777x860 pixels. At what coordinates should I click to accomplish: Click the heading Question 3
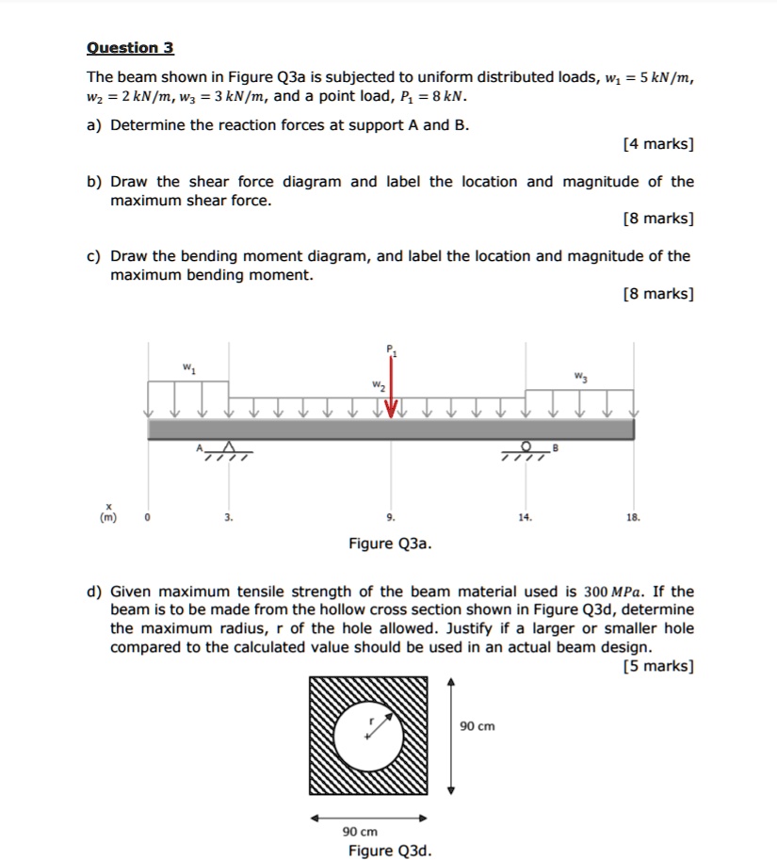(x=130, y=48)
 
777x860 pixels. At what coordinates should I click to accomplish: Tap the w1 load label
(x=186, y=368)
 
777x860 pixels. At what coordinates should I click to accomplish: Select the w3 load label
(x=579, y=379)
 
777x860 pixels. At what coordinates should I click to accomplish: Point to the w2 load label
(x=377, y=385)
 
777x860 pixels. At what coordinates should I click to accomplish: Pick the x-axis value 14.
(x=525, y=517)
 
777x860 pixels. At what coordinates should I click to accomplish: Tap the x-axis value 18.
(x=634, y=517)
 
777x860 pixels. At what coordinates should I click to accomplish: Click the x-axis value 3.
(x=227, y=517)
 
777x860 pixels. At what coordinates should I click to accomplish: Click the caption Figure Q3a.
(x=391, y=544)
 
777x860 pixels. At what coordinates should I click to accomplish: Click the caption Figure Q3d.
(x=390, y=851)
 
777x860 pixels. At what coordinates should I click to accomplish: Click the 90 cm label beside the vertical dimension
(x=478, y=726)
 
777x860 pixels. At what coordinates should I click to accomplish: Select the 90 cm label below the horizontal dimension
(x=360, y=832)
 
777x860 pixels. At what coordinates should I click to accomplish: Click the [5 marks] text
(x=658, y=666)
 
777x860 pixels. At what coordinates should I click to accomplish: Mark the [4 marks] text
(x=658, y=144)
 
